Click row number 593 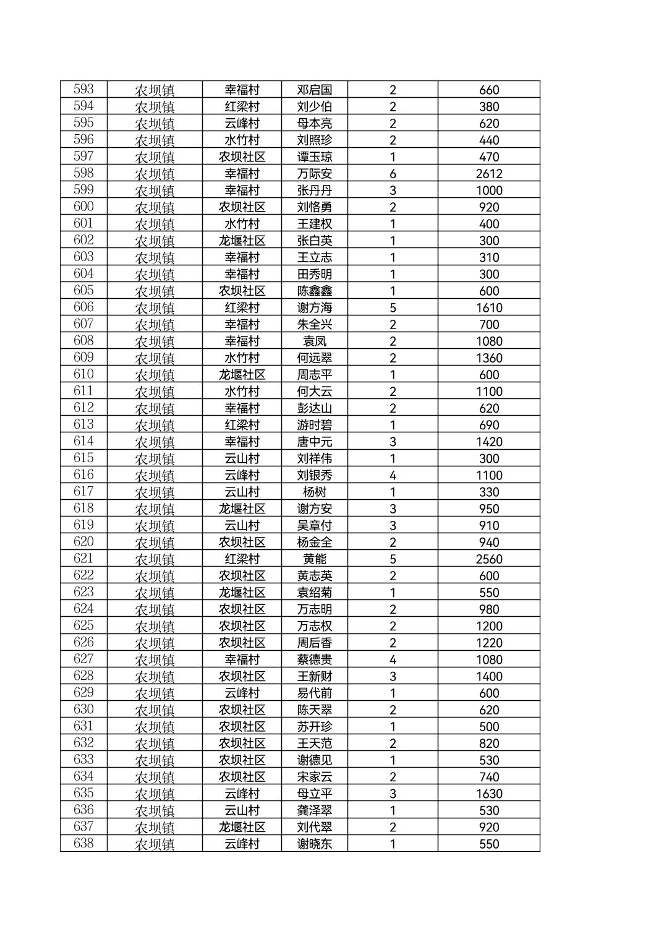(83, 89)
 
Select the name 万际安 (314, 174)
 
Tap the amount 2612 (488, 174)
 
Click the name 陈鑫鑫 (314, 291)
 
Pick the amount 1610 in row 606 (488, 307)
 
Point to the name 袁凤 (314, 341)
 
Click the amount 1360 (488, 358)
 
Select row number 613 (83, 424)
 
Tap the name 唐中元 (314, 442)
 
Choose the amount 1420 (488, 442)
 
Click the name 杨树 (314, 492)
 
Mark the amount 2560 (488, 559)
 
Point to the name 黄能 (314, 559)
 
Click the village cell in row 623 (242, 592)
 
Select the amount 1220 (488, 643)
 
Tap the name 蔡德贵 (314, 659)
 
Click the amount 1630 (488, 794)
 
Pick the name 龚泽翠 (314, 810)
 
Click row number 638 (83, 843)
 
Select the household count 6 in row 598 (393, 174)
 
